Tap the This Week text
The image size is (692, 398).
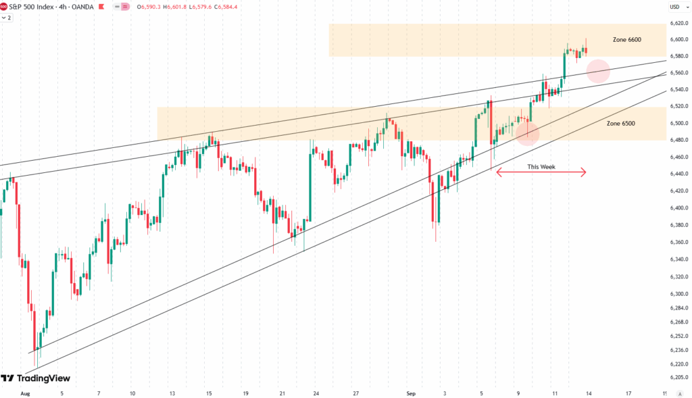541,166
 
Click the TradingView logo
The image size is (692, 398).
35,378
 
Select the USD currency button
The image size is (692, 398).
674,7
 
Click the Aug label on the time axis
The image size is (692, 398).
26,392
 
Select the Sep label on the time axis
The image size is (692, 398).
412,392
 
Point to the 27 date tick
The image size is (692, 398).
355,392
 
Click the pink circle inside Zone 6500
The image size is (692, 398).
527,133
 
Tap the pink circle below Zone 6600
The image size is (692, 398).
598,71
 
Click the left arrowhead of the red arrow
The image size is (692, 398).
499,172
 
